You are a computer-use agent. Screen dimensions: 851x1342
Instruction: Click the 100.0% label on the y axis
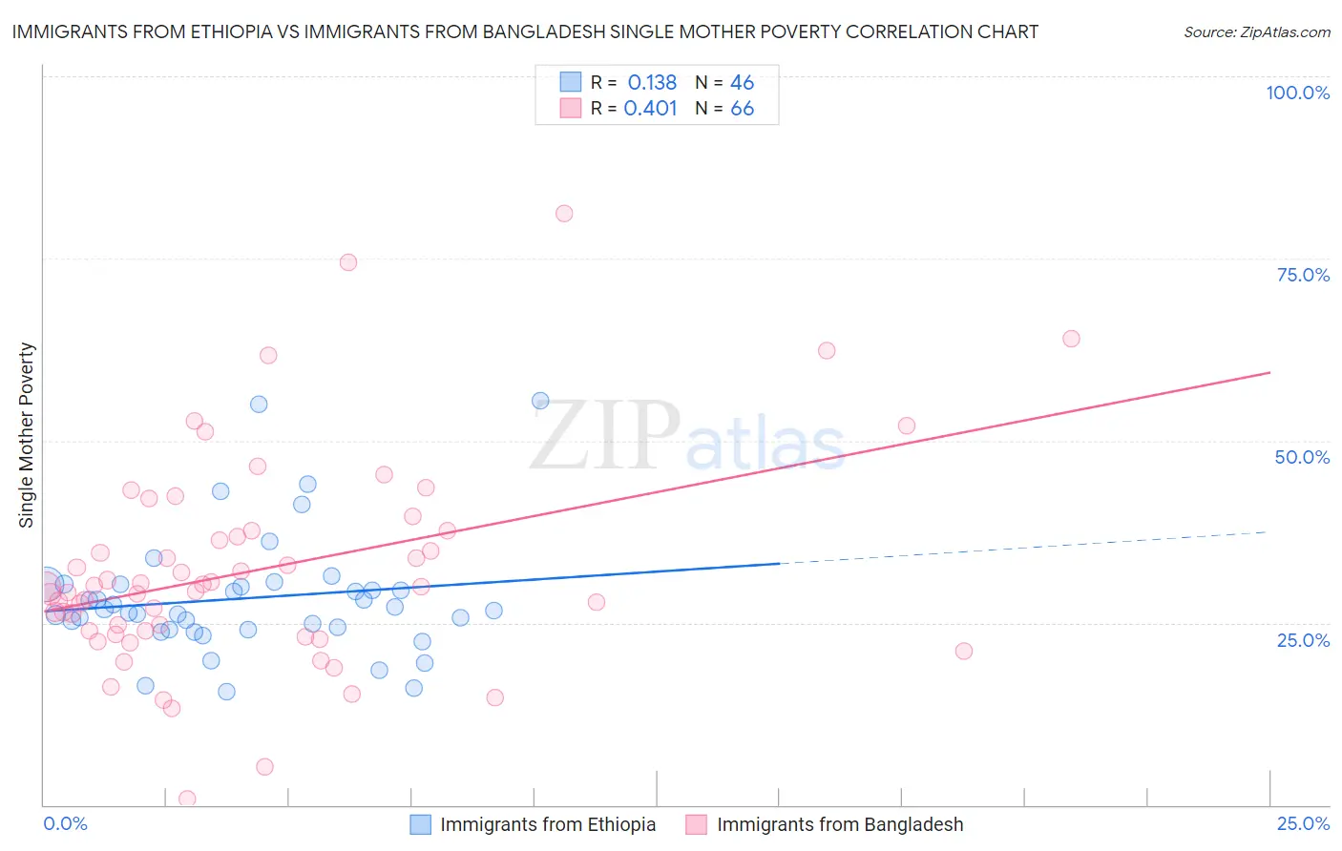[x=1297, y=93]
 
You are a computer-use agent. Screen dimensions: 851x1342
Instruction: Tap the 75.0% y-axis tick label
[x=1303, y=275]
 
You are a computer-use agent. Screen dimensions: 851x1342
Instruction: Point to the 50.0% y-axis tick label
[x=1302, y=457]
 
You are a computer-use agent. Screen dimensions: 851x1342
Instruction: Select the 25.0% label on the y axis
[x=1303, y=640]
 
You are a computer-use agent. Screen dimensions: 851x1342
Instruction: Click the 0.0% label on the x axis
[x=65, y=824]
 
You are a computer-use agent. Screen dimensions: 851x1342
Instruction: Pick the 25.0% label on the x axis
[x=1303, y=824]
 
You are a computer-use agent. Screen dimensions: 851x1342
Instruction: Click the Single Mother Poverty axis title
[x=27, y=435]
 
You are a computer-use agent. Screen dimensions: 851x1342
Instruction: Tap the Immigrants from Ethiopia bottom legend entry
[x=547, y=825]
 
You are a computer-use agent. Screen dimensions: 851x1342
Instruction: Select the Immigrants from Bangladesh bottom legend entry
[x=839, y=825]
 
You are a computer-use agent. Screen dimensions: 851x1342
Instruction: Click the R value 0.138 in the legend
[x=652, y=83]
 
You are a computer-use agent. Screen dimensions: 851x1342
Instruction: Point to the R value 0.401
[x=650, y=109]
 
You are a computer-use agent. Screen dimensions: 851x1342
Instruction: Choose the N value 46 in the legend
[x=742, y=83]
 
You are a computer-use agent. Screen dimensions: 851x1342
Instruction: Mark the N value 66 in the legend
[x=742, y=109]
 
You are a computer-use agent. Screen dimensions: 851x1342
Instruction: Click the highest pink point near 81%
[x=564, y=214]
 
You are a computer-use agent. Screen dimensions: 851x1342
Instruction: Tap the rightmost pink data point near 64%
[x=1071, y=339]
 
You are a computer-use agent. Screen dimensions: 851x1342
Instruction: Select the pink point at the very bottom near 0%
[x=187, y=799]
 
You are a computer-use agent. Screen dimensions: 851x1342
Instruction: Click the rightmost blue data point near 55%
[x=540, y=401]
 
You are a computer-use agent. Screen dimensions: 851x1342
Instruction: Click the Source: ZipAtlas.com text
[x=1256, y=32]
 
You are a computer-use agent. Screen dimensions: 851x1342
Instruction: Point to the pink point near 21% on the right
[x=964, y=652]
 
